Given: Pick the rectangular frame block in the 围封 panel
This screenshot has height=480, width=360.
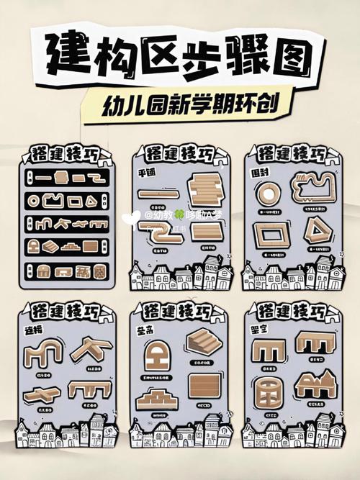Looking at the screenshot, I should (x=271, y=235).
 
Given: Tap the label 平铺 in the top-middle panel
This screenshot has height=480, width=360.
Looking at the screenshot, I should (x=146, y=173).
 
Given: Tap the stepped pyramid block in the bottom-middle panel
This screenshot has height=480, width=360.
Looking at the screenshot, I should (x=157, y=397).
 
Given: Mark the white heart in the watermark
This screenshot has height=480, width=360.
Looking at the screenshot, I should (x=131, y=215).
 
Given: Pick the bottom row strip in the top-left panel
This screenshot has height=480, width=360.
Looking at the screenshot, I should (x=64, y=271).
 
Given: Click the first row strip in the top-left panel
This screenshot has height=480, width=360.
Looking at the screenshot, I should (x=64, y=176).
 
